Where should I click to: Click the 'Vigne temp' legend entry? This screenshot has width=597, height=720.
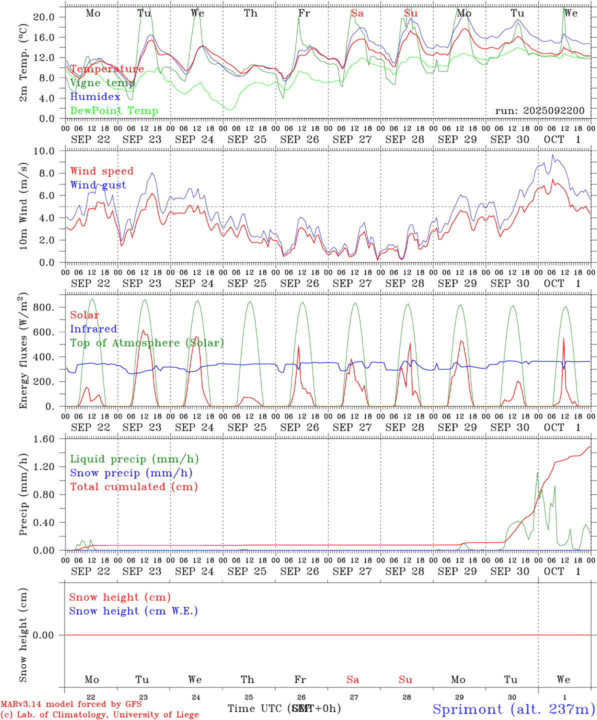point(102,83)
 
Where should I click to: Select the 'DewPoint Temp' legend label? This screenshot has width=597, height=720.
point(114,111)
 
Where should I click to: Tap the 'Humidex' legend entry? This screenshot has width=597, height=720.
point(95,97)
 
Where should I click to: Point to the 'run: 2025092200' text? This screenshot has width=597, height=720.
point(539,111)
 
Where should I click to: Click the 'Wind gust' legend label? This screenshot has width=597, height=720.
point(98,185)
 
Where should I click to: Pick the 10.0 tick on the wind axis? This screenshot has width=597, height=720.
point(43,151)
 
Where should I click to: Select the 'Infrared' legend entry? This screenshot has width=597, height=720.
point(93,329)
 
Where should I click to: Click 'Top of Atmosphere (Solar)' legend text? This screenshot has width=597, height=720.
point(146,343)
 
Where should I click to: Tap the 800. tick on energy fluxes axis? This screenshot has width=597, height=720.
point(43,307)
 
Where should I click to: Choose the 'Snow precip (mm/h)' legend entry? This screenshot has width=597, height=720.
point(131,473)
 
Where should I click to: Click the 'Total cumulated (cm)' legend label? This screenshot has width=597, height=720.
point(133,487)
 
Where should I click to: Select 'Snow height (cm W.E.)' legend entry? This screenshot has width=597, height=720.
point(133,611)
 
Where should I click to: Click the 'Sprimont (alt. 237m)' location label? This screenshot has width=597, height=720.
point(513,709)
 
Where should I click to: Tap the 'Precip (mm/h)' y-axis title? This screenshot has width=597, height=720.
point(23,494)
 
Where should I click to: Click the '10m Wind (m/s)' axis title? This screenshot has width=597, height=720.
point(23,206)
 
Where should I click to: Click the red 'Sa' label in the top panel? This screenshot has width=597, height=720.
point(357,13)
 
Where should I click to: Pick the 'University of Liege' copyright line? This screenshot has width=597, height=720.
point(99,714)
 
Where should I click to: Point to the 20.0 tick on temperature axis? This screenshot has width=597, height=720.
point(43,17)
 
